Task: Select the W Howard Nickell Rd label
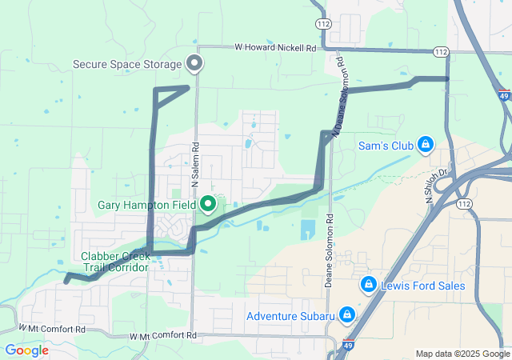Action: pyautogui.click(x=275, y=48)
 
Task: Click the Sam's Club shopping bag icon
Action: pyautogui.click(x=426, y=145)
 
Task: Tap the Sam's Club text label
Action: pyautogui.click(x=387, y=146)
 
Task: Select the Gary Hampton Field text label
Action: pyautogui.click(x=147, y=206)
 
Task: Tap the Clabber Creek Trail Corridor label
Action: pyautogui.click(x=115, y=262)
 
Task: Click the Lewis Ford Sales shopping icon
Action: pyautogui.click(x=369, y=284)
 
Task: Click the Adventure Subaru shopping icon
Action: pyautogui.click(x=347, y=315)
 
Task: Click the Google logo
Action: pyautogui.click(x=26, y=350)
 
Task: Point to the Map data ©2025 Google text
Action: pyautogui.click(x=462, y=354)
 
